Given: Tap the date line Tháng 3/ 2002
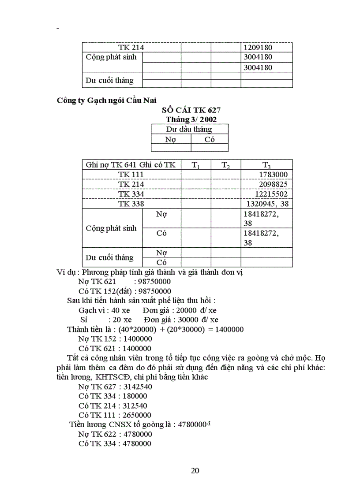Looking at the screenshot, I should point(191,119).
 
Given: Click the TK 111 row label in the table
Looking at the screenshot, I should point(131,175).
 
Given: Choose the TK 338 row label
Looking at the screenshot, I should point(131,204).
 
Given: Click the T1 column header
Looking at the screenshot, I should point(195,165).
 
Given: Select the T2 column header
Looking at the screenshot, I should point(225,165).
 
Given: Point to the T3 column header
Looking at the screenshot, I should point(266,165).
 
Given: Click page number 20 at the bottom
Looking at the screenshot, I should point(195,470).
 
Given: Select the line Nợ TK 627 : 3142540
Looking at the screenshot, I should point(115,387).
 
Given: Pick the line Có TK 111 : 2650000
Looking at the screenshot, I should point(115,415).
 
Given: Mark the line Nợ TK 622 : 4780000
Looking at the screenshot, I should point(115,434).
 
